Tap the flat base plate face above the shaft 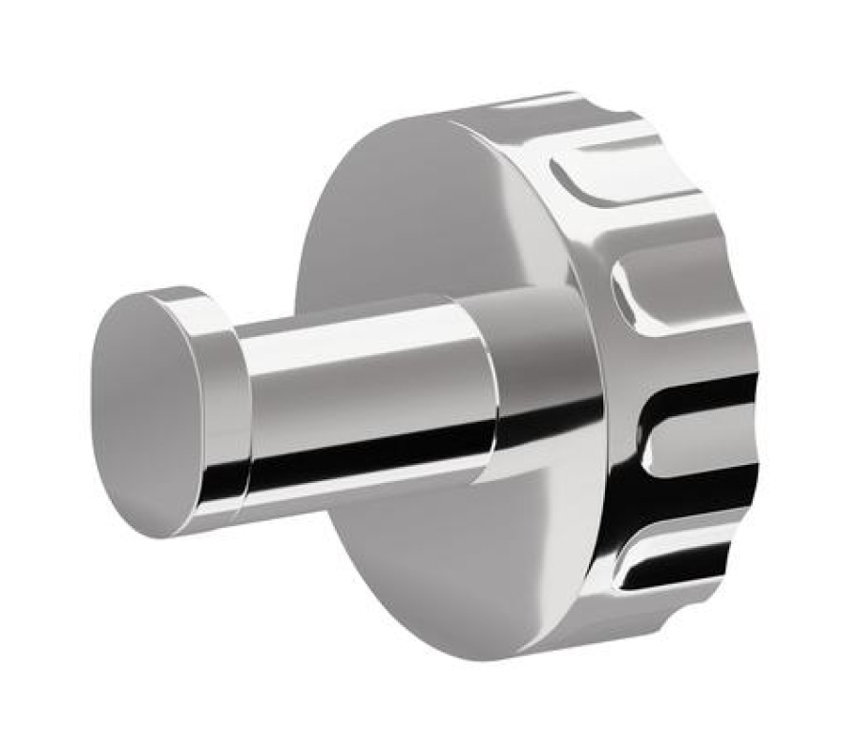pos(401,210)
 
